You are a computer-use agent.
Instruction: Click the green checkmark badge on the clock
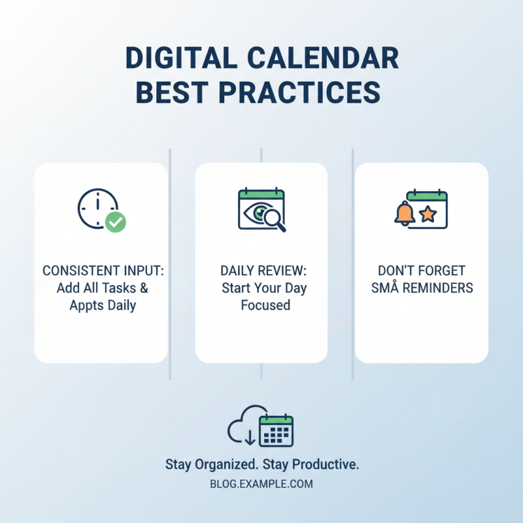[116, 222]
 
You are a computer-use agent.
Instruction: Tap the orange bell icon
[405, 213]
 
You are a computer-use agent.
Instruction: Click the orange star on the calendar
[428, 214]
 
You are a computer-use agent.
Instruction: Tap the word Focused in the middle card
[265, 305]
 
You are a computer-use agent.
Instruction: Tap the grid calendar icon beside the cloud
[276, 430]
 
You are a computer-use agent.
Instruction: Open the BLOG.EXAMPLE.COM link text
[261, 484]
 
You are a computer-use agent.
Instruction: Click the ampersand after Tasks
[144, 288]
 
